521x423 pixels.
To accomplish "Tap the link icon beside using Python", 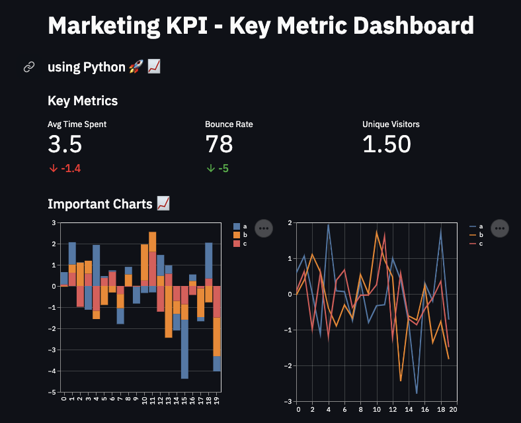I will pyautogui.click(x=29, y=67).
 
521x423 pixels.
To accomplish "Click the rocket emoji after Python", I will pyautogui.click(x=136, y=67).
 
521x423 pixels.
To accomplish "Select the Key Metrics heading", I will pyautogui.click(x=83, y=101).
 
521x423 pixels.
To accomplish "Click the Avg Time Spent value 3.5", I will pyautogui.click(x=65, y=144).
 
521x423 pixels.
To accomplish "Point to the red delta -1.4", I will pyautogui.click(x=64, y=168).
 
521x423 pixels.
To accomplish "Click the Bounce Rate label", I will pyautogui.click(x=229, y=124).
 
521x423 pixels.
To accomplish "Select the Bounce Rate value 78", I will pyautogui.click(x=220, y=144).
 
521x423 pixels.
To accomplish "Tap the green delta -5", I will pyautogui.click(x=218, y=168).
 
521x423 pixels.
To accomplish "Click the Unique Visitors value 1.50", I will pyautogui.click(x=387, y=144).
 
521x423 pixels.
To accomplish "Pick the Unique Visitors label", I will pyautogui.click(x=391, y=124).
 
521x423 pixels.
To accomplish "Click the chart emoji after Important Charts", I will pyautogui.click(x=163, y=204).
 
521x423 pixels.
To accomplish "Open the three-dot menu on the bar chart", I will pyautogui.click(x=264, y=228).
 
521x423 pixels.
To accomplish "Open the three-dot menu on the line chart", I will pyautogui.click(x=500, y=228).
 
